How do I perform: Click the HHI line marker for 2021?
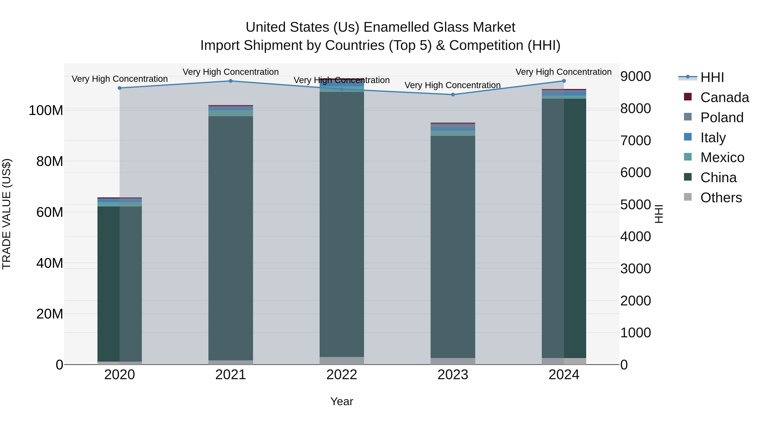pyautogui.click(x=231, y=81)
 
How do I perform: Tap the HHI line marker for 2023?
pyautogui.click(x=453, y=94)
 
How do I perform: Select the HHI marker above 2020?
pyautogui.click(x=120, y=88)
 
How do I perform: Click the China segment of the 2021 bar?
pyautogui.click(x=231, y=236)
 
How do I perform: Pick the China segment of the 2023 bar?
pyautogui.click(x=453, y=245)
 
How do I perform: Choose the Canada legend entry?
pyautogui.click(x=724, y=97)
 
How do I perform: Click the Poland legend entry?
pyautogui.click(x=722, y=118)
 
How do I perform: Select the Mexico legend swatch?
pyautogui.click(x=688, y=157)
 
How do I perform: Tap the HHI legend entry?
pyautogui.click(x=712, y=77)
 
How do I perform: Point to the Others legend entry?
pyautogui.click(x=721, y=198)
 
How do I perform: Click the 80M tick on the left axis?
pyautogui.click(x=50, y=161)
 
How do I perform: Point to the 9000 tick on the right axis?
pyautogui.click(x=635, y=76)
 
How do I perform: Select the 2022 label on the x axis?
pyautogui.click(x=342, y=375)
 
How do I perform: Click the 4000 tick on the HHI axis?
pyautogui.click(x=635, y=237)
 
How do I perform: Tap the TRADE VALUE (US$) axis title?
pyautogui.click(x=7, y=214)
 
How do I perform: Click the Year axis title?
pyautogui.click(x=342, y=401)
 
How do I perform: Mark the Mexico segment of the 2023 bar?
pyautogui.click(x=453, y=133)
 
